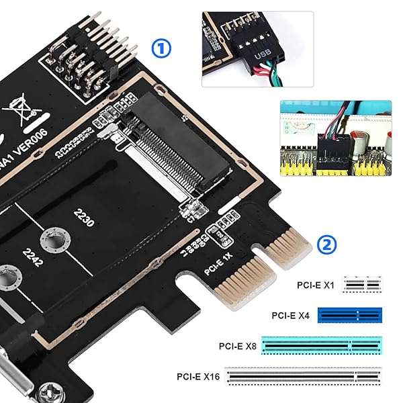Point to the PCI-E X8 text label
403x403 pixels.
point(237,346)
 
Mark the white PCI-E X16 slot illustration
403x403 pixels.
point(303,377)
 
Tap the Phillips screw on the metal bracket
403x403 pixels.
point(50,391)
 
